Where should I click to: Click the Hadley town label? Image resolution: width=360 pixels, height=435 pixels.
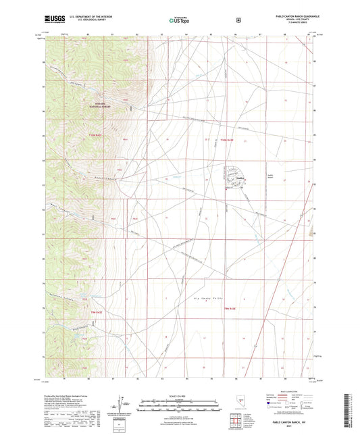coord(239,179)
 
